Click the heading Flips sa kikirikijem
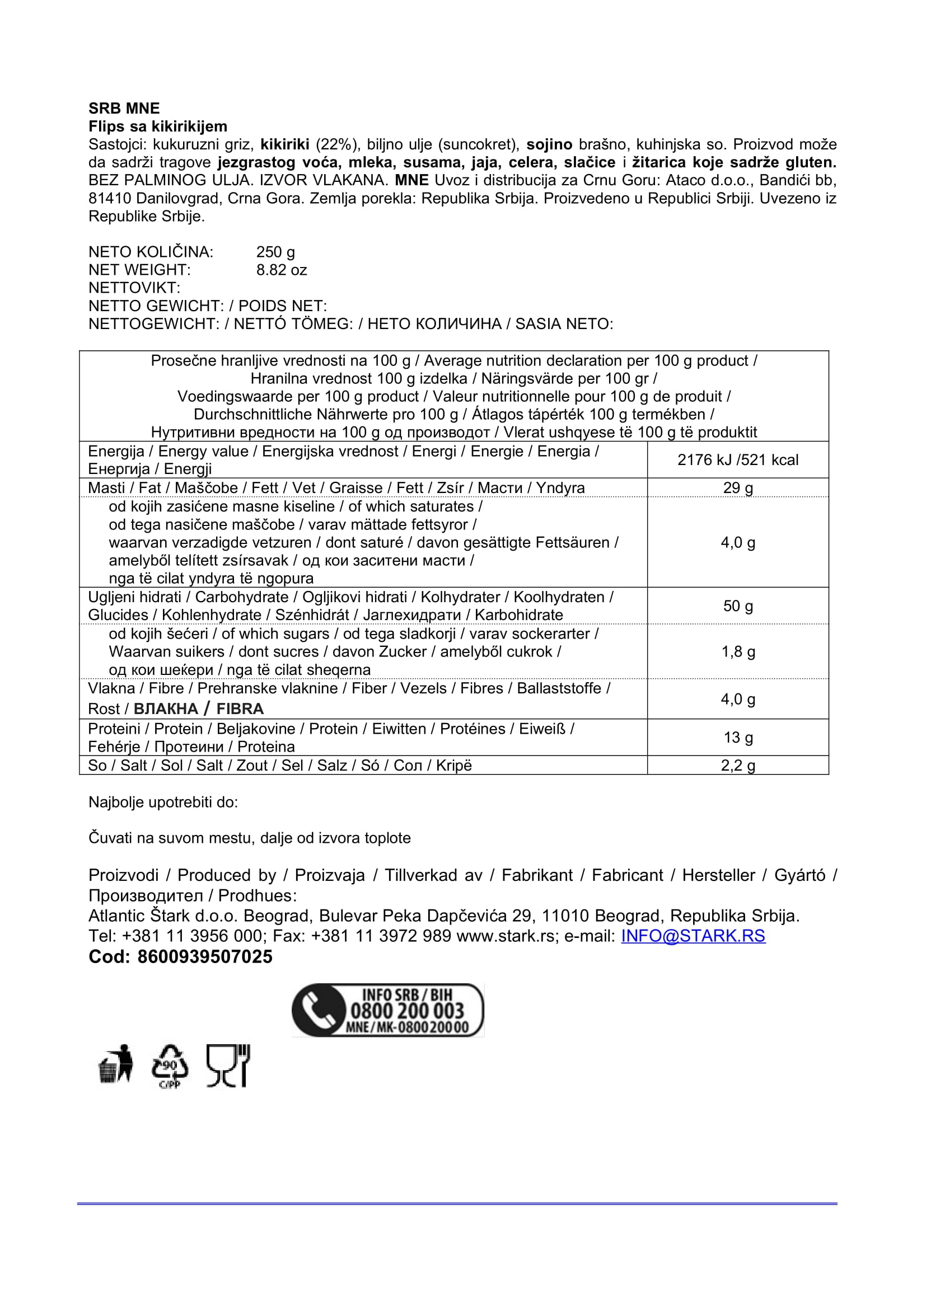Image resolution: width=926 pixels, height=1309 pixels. pos(157,126)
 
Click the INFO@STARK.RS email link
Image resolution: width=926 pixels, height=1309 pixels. pos(693,936)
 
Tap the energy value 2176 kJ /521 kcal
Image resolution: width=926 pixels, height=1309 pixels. pos(737,459)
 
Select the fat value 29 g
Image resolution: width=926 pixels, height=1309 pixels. pos(737,487)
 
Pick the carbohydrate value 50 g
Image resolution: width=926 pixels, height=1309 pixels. pos(737,606)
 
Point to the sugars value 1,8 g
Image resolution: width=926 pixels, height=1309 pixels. pos(737,651)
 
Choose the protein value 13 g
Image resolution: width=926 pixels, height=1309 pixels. pos(737,737)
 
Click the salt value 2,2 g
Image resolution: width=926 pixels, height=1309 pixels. pos(737,765)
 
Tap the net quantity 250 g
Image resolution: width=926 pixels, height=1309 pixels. pos(275,251)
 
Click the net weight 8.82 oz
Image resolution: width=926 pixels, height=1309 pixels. pos(281,270)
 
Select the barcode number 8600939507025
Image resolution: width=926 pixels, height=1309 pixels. pos(205,956)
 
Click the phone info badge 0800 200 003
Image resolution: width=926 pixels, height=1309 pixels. pos(388,1010)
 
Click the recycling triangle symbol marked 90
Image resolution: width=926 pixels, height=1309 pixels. pos(169,1065)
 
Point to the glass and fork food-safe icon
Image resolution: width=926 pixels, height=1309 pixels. pos(227,1065)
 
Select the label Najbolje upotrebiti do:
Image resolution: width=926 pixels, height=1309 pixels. pos(163,802)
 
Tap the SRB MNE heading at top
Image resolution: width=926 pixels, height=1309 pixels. pos(124,109)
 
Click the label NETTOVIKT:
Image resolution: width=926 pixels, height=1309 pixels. pos(134,287)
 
